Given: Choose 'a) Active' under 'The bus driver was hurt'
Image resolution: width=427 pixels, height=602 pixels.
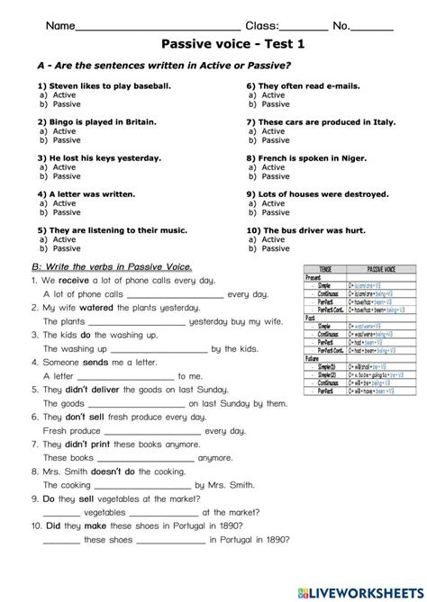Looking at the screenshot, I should (x=272, y=239).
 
